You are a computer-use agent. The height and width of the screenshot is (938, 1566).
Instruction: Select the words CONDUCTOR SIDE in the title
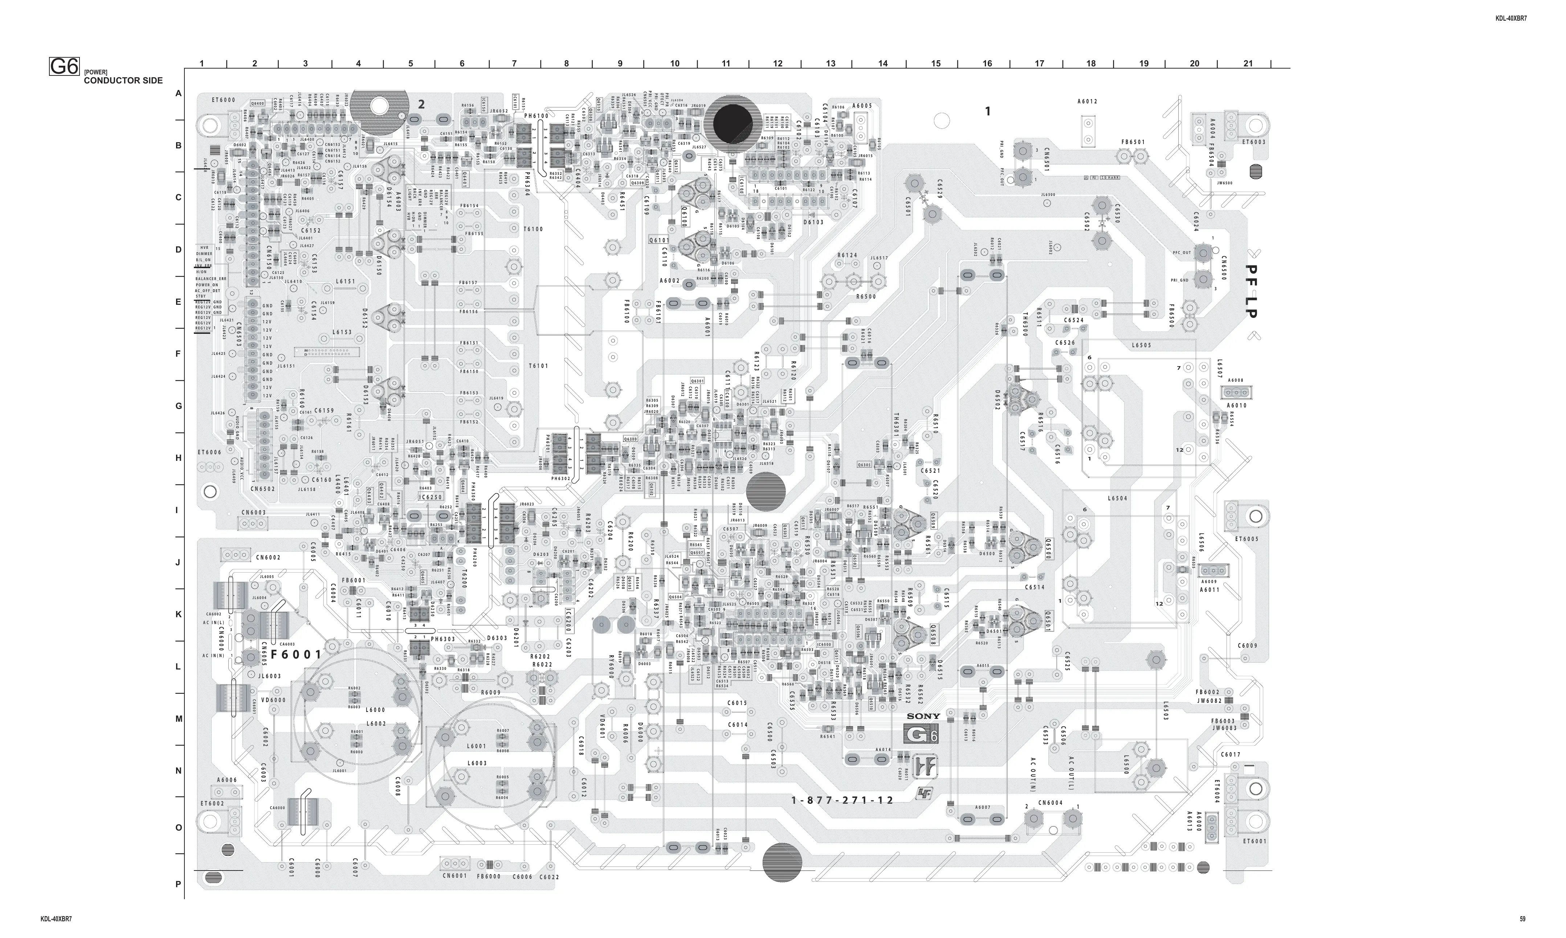(123, 80)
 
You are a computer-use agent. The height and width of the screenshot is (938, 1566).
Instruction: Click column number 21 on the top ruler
(1247, 63)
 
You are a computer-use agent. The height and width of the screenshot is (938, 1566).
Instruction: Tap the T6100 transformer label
(534, 229)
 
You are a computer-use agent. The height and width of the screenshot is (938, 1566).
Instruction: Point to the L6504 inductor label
(1117, 499)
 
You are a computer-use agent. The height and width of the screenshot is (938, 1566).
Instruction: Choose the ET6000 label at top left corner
(223, 100)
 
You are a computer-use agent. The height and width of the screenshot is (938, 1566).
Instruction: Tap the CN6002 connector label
(268, 557)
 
